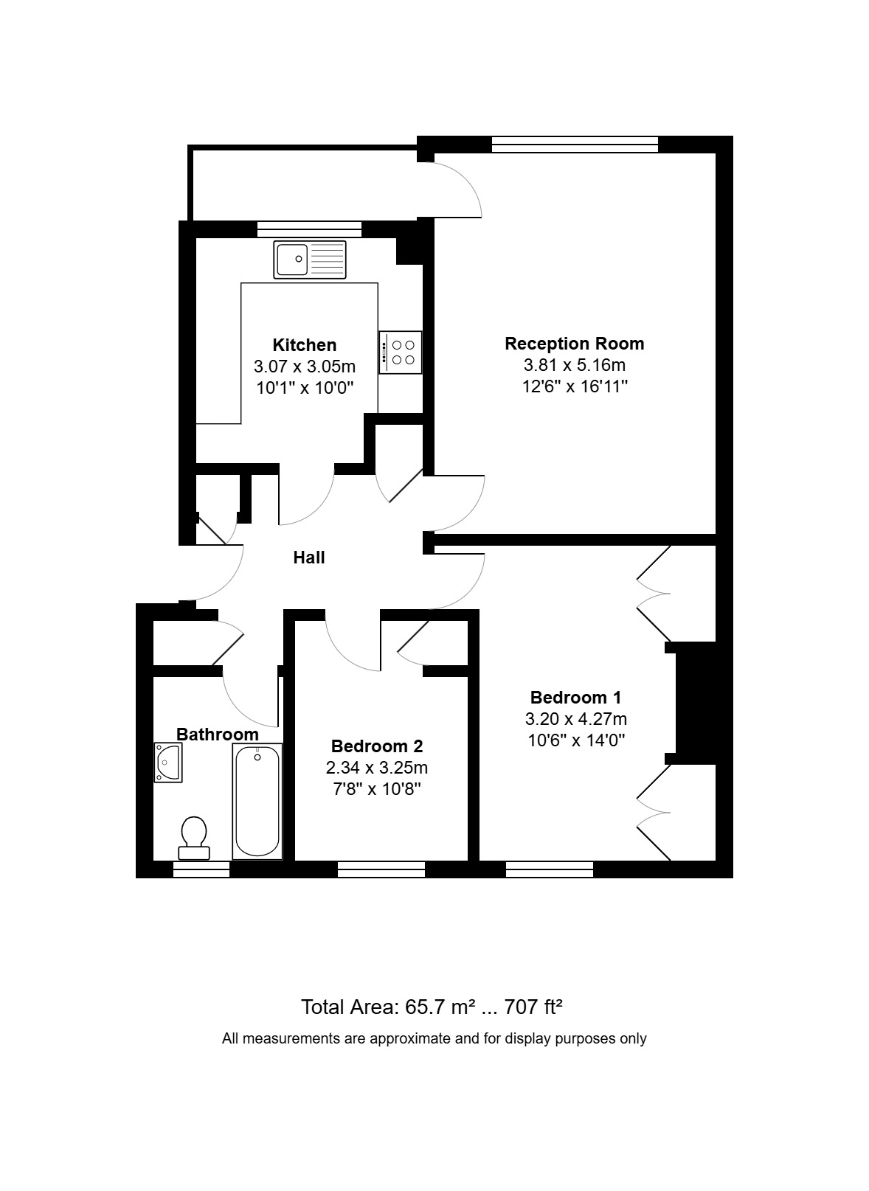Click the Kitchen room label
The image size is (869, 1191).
tap(304, 345)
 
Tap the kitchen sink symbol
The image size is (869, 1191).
tap(309, 260)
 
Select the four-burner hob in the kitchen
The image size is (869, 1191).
tap(401, 353)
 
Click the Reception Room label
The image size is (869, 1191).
tap(574, 344)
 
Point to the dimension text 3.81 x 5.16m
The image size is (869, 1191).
tap(574, 364)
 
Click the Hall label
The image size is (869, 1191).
tap(309, 558)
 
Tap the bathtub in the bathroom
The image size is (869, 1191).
tap(257, 801)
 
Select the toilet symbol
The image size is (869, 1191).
tap(194, 837)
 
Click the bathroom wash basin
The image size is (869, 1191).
tap(168, 762)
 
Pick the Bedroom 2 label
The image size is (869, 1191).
tap(376, 746)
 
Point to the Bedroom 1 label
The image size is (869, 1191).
tap(575, 698)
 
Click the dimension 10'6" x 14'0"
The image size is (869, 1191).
tap(575, 740)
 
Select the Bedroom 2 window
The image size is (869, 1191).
tap(381, 869)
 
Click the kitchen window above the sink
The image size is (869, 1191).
tap(309, 229)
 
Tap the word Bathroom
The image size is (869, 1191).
tap(217, 735)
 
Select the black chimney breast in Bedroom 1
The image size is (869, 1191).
tap(696, 703)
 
